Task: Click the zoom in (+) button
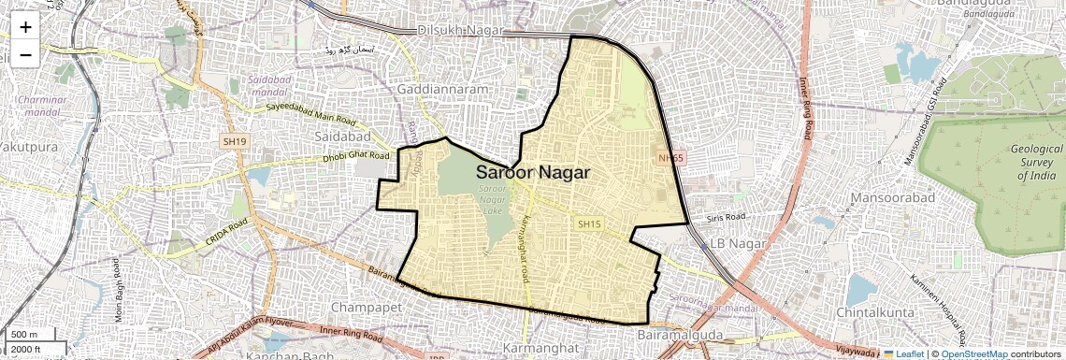pyautogui.click(x=25, y=27)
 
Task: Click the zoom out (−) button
pyautogui.click(x=25, y=54)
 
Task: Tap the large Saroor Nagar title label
pyautogui.click(x=533, y=172)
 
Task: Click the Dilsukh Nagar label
pyautogui.click(x=459, y=30)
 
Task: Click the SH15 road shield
pyautogui.click(x=587, y=224)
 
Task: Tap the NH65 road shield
pyautogui.click(x=671, y=158)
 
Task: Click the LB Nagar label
pyautogui.click(x=738, y=243)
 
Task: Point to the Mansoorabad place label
pyautogui.click(x=888, y=198)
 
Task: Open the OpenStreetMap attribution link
pyautogui.click(x=973, y=353)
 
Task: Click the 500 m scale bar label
pyautogui.click(x=24, y=335)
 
